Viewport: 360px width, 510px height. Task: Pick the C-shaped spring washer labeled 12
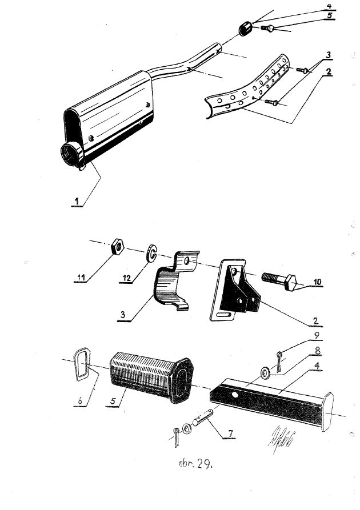point(151,253)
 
